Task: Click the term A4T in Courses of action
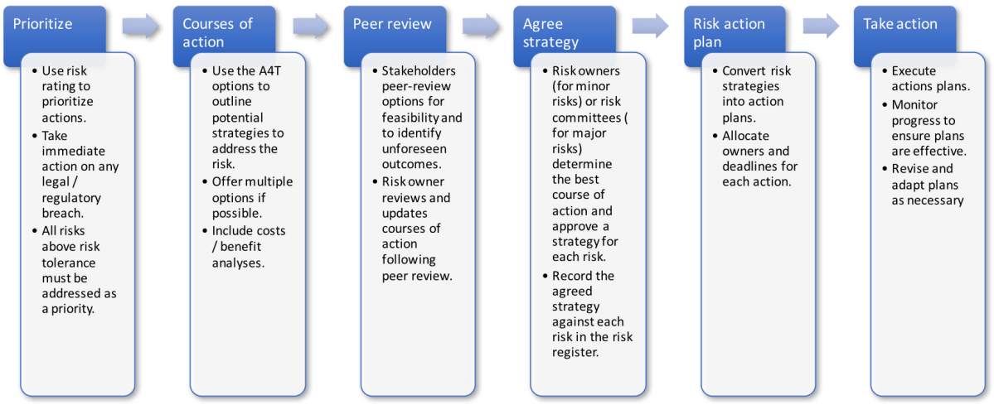click(263, 70)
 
